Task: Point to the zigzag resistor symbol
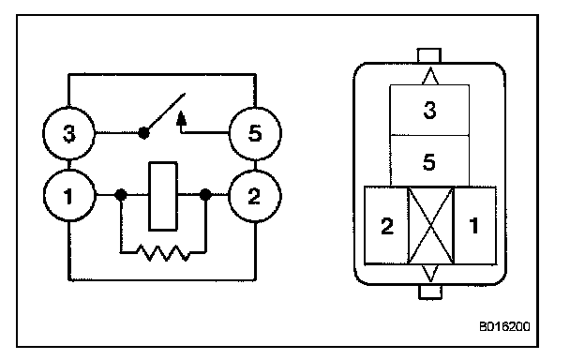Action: tap(163, 253)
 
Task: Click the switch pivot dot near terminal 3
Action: tap(143, 133)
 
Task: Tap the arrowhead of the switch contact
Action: tap(181, 119)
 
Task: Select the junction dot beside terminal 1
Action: tap(121, 195)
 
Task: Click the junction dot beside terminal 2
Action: tap(205, 195)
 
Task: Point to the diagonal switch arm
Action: tap(165, 112)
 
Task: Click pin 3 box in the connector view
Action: tap(429, 111)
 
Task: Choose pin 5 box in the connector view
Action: tap(429, 161)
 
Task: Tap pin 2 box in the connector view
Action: tap(386, 225)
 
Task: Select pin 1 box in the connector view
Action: tap(474, 225)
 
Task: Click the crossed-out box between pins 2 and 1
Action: tap(431, 225)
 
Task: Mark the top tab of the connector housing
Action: tap(429, 55)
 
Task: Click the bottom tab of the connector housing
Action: tap(430, 292)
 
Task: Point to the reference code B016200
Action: tap(504, 326)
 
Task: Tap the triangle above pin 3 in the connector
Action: tap(430, 76)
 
